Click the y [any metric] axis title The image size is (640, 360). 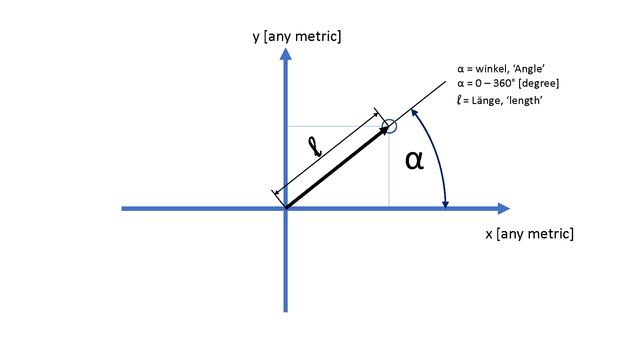pos(297,37)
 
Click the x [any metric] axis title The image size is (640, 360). pos(530,234)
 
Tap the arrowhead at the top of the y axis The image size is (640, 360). pos(285,54)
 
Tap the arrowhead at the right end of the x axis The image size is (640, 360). pos(504,209)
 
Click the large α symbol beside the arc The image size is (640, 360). pos(414,160)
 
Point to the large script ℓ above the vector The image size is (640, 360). pos(315,147)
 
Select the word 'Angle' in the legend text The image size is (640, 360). pos(529,69)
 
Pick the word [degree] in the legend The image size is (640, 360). pos(539,84)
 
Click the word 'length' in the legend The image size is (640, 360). pos(524,100)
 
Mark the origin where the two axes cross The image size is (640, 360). pos(285,209)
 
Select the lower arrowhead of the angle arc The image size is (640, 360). pos(445,205)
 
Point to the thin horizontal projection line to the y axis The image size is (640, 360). pos(337,126)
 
